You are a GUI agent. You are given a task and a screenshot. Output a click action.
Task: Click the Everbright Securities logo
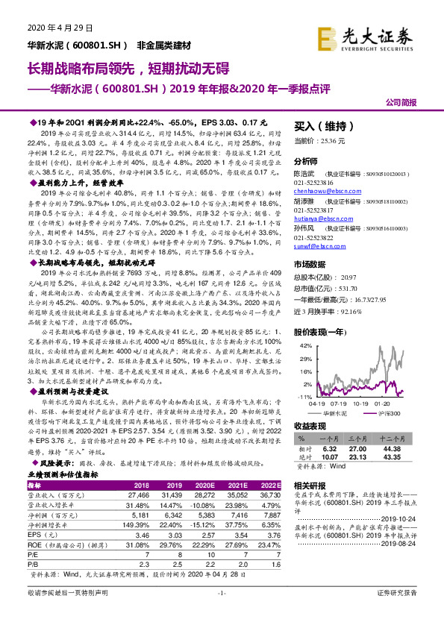[x=375, y=35]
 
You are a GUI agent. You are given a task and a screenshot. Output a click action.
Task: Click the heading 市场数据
[x=310, y=265]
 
